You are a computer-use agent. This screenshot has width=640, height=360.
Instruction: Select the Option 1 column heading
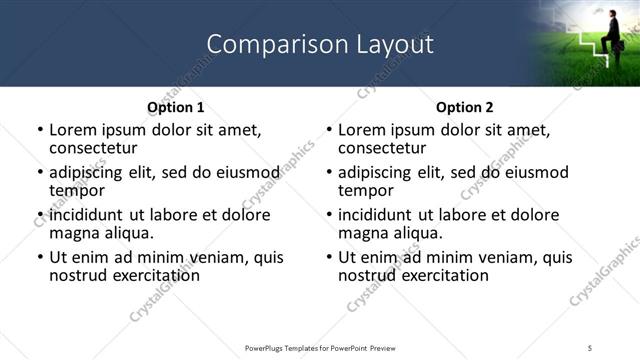175,107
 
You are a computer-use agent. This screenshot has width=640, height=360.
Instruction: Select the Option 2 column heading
465,107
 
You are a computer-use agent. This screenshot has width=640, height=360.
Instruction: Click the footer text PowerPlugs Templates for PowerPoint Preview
319,347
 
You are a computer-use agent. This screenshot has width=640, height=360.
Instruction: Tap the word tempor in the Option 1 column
76,190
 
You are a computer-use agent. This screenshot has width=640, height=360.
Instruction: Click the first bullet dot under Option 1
40,130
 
